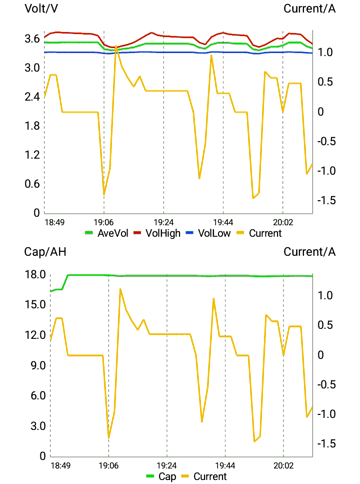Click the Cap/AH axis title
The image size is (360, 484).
point(45,251)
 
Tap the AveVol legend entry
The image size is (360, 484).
point(106,233)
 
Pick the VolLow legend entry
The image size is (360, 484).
point(208,233)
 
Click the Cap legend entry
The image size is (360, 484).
point(161,476)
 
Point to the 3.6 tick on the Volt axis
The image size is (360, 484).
point(32,39)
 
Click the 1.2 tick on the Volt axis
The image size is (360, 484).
point(32,155)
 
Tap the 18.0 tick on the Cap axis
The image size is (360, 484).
point(35,275)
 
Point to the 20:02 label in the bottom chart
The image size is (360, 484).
point(283,465)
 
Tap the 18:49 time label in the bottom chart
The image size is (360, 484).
point(61,465)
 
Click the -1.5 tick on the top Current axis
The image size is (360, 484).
point(327,201)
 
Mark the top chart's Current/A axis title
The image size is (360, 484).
point(309,9)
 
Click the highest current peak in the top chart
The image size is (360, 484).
point(116,47)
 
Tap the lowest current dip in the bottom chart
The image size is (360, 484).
point(254,441)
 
